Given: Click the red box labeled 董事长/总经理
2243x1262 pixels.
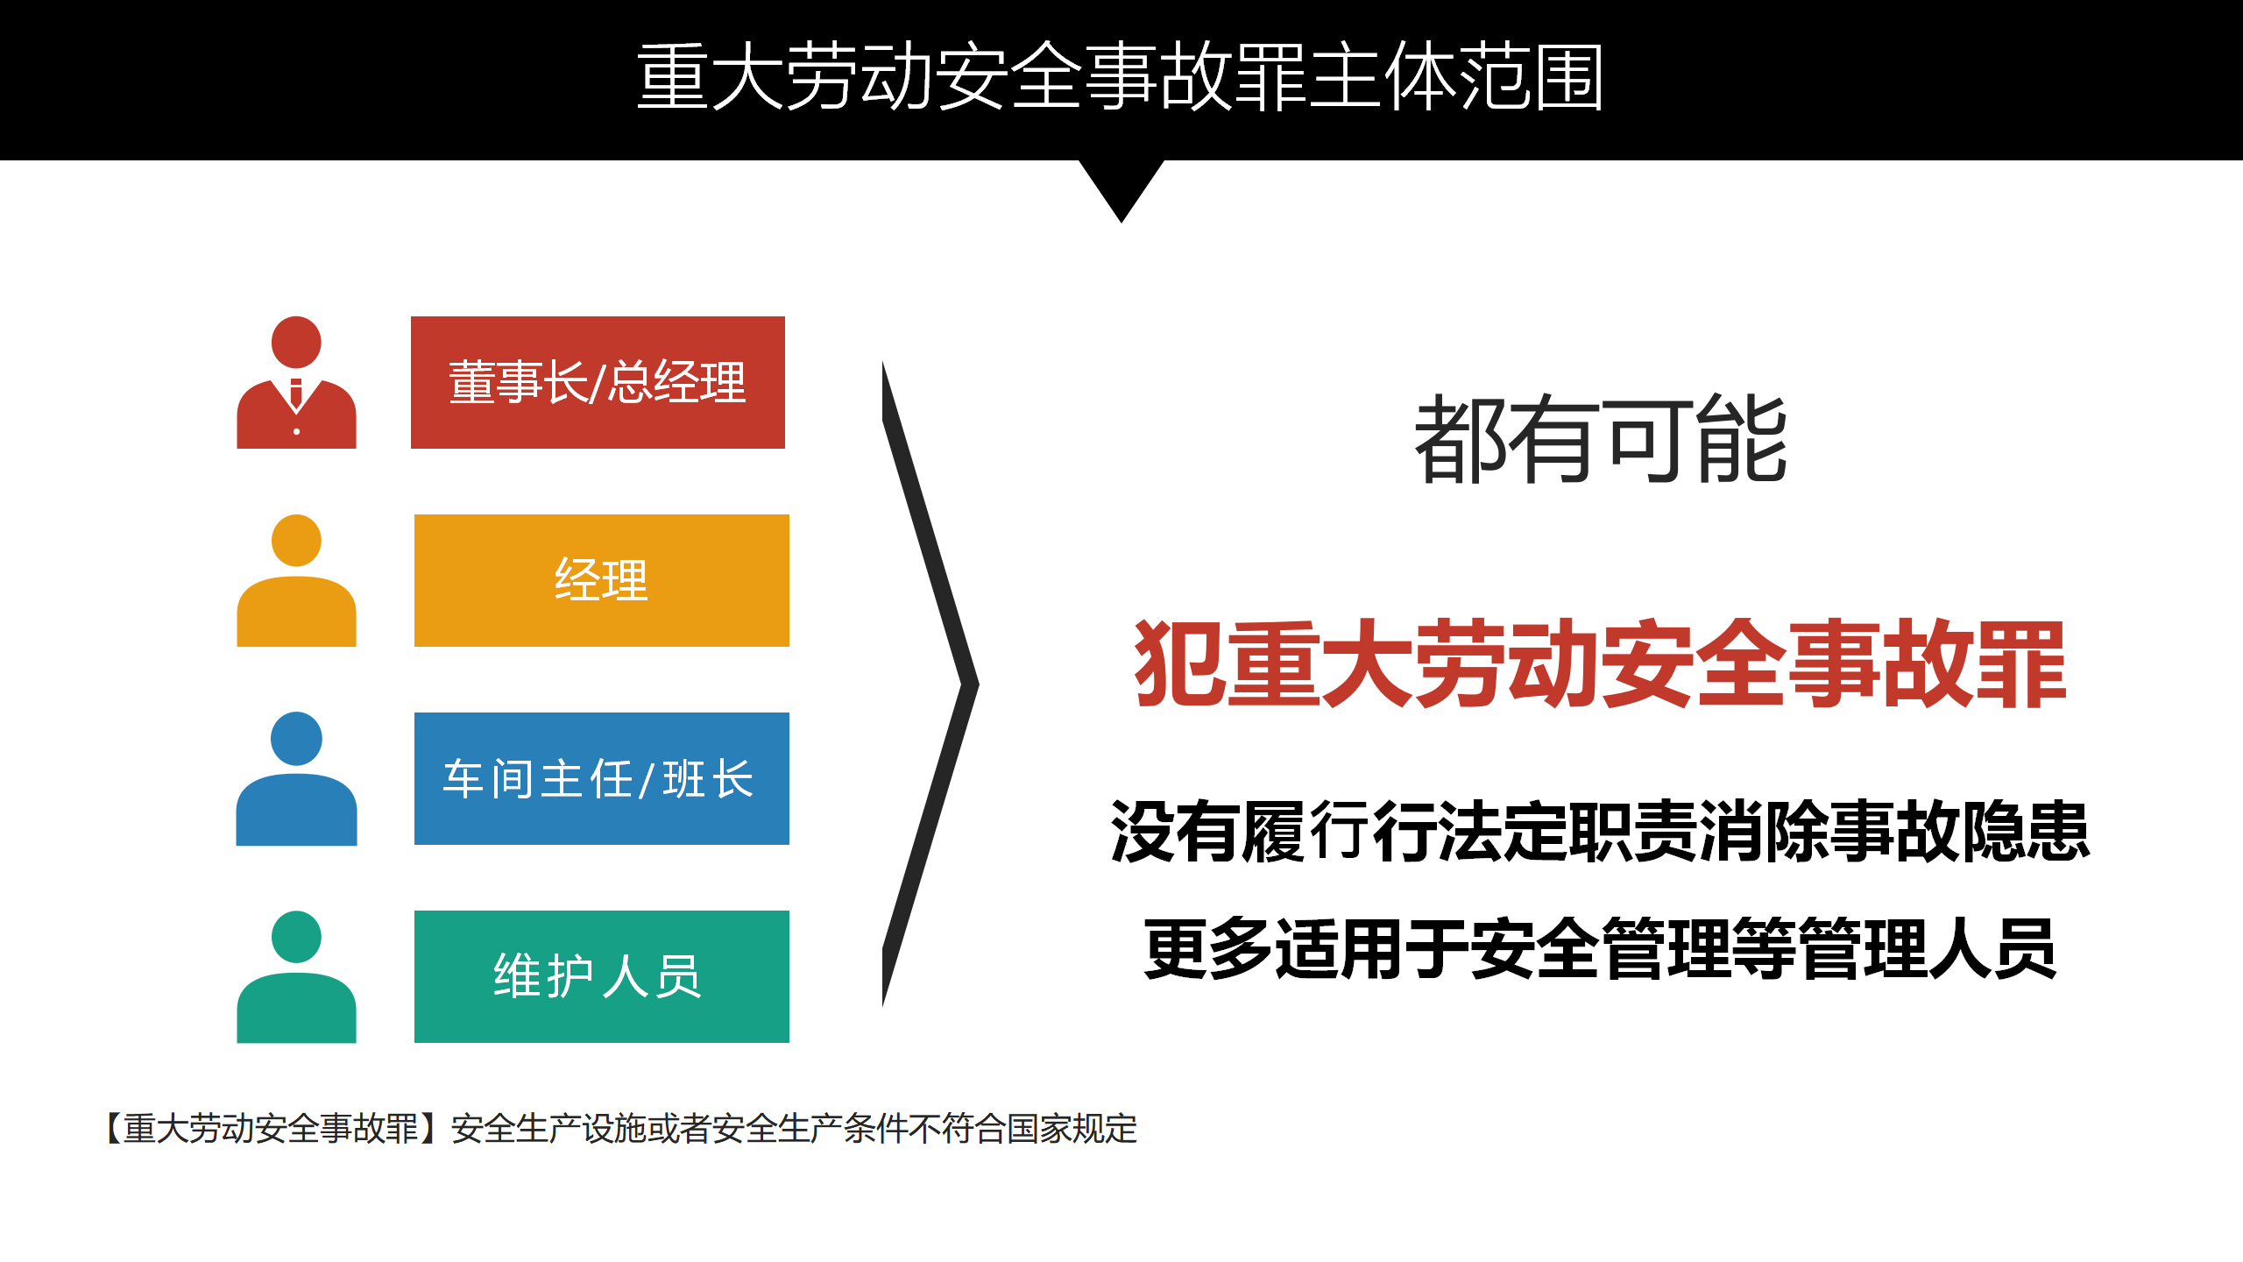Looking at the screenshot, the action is [598, 382].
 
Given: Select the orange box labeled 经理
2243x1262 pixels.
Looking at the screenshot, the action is [602, 580].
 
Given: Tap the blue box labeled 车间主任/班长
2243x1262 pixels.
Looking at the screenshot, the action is [602, 778].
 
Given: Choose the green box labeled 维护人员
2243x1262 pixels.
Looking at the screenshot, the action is [602, 976].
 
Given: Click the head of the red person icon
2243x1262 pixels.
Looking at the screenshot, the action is [296, 342].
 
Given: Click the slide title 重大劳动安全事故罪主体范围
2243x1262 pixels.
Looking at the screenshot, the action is [1121, 77].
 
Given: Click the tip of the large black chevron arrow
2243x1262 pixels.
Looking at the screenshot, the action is [979, 684].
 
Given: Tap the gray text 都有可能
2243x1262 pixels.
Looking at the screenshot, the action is [1601, 438].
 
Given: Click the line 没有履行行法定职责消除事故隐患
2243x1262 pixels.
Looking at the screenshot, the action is [1600, 831].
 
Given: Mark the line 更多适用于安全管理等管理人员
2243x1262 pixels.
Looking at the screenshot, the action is [1600, 949].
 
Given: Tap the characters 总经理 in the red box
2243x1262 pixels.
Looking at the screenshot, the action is [677, 382].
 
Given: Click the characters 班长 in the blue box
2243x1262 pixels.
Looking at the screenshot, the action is [708, 778].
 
